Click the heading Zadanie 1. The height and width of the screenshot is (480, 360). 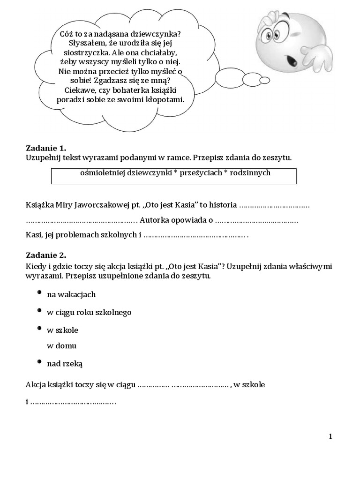click(x=46, y=148)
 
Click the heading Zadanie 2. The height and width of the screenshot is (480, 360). click(x=46, y=256)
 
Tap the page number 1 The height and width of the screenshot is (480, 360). click(x=330, y=436)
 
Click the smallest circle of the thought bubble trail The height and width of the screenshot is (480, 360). click(x=265, y=80)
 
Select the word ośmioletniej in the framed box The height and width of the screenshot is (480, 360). click(x=100, y=173)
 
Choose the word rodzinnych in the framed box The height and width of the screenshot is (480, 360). click(x=248, y=173)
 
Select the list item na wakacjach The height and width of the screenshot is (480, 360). click(x=71, y=294)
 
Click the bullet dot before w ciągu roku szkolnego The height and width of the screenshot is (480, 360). click(x=39, y=310)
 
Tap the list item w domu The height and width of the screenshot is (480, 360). click(x=61, y=346)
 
